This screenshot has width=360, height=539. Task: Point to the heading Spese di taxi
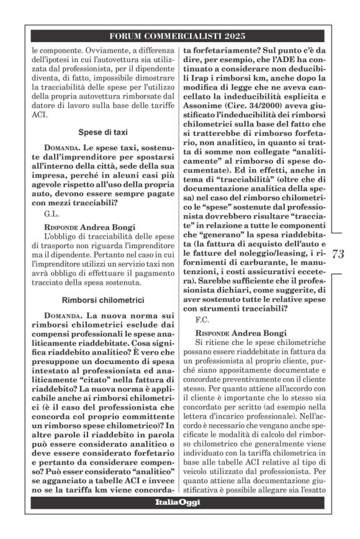(x=104, y=132)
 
